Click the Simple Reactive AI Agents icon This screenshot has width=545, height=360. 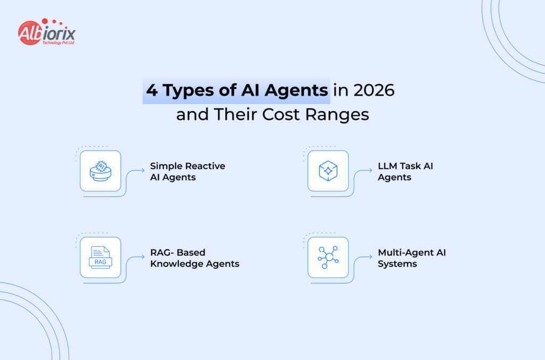tap(101, 171)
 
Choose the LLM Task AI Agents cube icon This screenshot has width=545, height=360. tap(328, 171)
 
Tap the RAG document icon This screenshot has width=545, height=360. tap(101, 257)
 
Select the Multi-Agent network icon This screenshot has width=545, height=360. tap(328, 257)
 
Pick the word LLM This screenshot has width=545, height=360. tap(388, 166)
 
